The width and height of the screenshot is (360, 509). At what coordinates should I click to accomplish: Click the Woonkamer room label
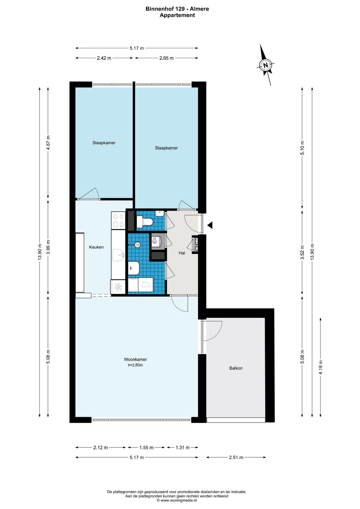[135, 359]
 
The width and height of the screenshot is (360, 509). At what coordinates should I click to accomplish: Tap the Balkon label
[236, 368]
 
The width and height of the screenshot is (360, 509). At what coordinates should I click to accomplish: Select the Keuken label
[96, 247]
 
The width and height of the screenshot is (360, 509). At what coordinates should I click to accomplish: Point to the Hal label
[182, 253]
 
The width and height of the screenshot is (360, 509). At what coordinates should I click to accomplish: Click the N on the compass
[266, 65]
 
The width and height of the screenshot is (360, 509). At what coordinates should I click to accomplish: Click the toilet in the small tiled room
[145, 221]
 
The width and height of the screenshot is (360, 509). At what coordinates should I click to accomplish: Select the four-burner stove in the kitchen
[118, 219]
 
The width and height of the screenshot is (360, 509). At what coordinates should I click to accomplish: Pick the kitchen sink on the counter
[118, 255]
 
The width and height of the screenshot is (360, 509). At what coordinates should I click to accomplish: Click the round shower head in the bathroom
[137, 245]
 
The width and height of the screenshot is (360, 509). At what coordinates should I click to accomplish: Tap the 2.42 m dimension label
[104, 58]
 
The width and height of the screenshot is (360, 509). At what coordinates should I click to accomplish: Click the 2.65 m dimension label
[166, 58]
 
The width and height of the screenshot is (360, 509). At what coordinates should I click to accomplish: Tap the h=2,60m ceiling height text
[135, 365]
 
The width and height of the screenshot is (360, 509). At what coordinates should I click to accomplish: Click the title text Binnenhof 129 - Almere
[177, 9]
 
